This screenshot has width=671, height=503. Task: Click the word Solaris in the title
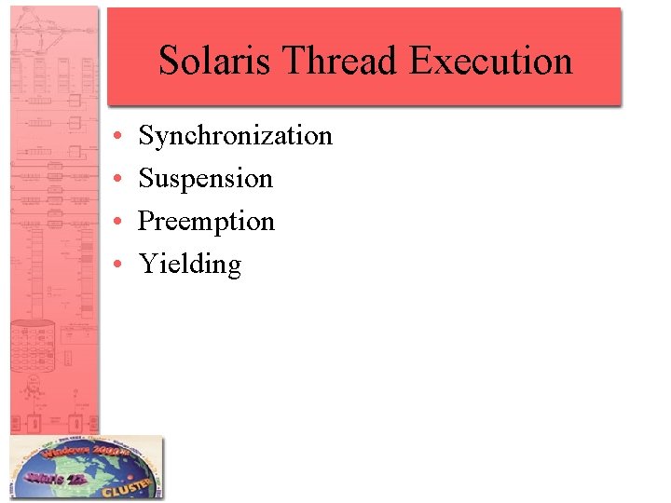click(x=215, y=61)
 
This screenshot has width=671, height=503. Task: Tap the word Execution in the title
click(x=490, y=61)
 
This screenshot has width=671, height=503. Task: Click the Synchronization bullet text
click(x=235, y=136)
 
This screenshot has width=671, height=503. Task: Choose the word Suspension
click(x=205, y=178)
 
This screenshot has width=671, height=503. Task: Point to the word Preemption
click(x=206, y=222)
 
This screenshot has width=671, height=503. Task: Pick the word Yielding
click(x=189, y=265)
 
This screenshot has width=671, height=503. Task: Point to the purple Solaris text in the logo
click(x=47, y=478)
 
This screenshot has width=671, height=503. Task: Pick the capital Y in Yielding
click(x=147, y=265)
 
